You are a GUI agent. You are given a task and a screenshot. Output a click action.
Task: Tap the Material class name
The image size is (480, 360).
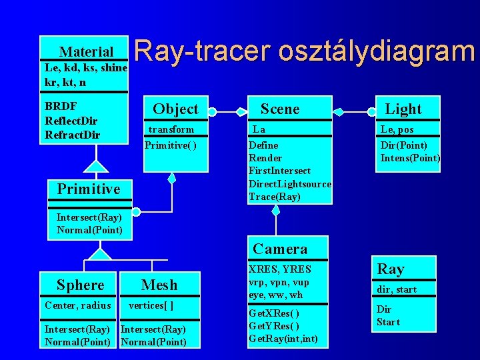click(86, 51)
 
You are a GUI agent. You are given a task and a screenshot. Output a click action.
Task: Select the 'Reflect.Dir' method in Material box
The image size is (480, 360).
click(71, 121)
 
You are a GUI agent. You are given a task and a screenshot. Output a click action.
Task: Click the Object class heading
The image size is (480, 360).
click(175, 109)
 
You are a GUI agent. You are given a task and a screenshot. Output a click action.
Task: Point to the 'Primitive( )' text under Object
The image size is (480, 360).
click(171, 145)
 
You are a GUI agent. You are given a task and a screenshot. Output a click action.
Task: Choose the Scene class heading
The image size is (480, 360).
click(280, 109)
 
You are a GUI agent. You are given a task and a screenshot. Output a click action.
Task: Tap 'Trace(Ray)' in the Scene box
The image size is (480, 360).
click(274, 196)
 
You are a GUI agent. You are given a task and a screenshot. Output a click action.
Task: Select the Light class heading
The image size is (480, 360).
click(403, 109)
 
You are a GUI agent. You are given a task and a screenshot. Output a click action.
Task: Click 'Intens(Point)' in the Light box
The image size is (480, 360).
click(410, 158)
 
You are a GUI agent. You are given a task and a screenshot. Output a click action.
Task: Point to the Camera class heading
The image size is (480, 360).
click(280, 249)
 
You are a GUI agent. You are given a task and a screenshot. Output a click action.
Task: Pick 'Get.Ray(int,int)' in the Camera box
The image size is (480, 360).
click(283, 339)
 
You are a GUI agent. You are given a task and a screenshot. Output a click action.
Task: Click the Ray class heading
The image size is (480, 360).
click(391, 269)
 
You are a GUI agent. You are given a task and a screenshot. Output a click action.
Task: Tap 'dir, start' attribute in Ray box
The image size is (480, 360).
click(397, 289)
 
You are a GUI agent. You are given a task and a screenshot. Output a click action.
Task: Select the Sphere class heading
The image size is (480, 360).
click(80, 285)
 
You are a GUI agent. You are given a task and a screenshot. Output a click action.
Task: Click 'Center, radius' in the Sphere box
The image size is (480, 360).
click(77, 305)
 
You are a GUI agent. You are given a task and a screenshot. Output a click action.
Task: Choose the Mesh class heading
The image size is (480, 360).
click(159, 285)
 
